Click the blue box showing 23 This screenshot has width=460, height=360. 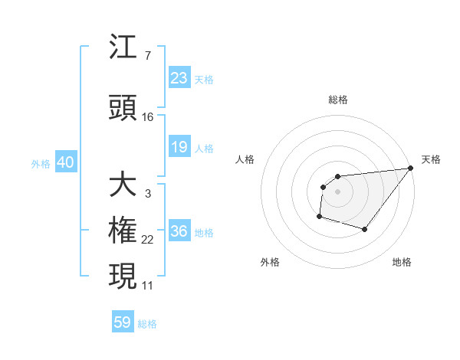pos(179,78)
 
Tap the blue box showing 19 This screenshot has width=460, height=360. pos(179,147)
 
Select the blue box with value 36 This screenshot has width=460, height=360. pos(179,232)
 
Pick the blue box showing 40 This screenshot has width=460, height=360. pos(65,162)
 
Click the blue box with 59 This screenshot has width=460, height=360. pos(123,322)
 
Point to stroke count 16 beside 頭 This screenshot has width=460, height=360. pos(148,117)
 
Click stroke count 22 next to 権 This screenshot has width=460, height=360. pos(148,241)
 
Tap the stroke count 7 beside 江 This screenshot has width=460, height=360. pos(147,56)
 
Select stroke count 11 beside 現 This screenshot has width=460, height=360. pos(148,286)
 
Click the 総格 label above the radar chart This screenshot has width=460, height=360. pos(337,100)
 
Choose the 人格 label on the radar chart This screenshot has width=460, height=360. pos(245,159)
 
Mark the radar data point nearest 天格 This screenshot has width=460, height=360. pos(411,169)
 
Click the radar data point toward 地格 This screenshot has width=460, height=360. pos(365,229)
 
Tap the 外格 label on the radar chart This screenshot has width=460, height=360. pos(270,262)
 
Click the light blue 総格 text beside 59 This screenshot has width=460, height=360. pos(147,324)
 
